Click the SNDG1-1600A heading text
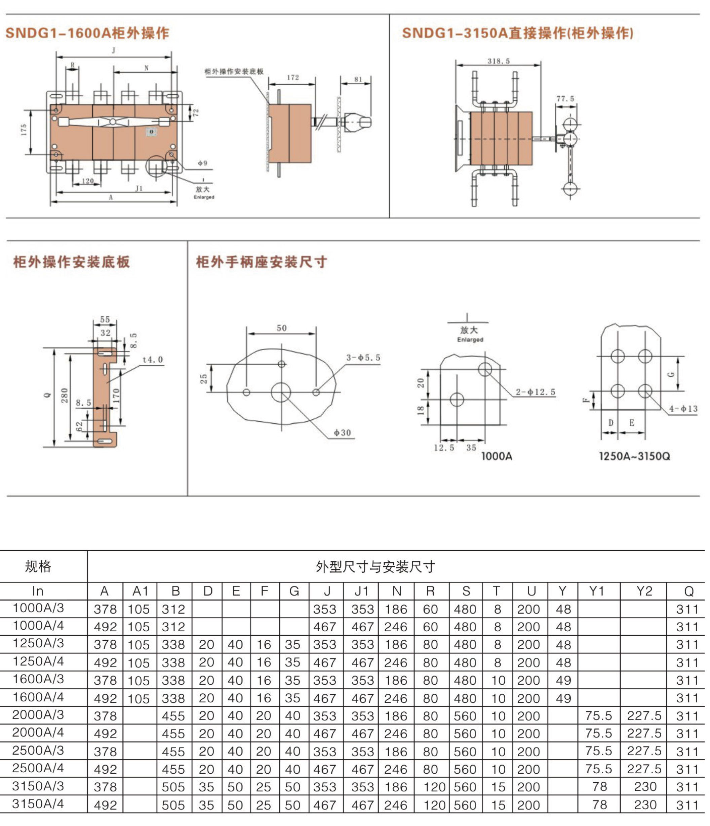tap(87, 33)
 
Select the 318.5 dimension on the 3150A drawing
tap(499, 61)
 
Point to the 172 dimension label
tap(292, 78)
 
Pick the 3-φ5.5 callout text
tap(363, 358)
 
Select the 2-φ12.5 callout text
tap(535, 392)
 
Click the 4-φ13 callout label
tap(683, 409)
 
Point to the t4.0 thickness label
tap(153, 360)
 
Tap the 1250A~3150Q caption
tap(634, 456)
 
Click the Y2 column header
tap(644, 591)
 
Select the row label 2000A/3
tap(38, 715)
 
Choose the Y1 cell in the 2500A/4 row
tap(599, 769)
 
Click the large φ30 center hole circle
tap(281, 392)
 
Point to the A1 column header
tap(140, 591)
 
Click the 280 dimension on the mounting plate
tap(64, 396)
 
